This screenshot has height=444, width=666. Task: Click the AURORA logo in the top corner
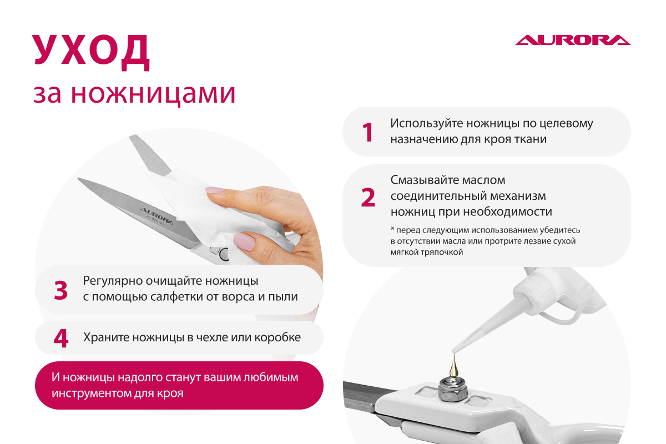tap(573, 40)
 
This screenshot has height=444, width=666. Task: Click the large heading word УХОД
tap(91, 52)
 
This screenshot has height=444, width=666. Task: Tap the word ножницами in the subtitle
tap(153, 94)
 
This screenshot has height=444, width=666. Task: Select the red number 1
tap(368, 132)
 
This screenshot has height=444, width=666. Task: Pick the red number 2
tap(368, 197)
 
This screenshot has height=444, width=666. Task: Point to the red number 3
tap(60, 290)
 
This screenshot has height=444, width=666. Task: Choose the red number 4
tap(61, 338)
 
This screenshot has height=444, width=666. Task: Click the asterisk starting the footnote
tap(392, 229)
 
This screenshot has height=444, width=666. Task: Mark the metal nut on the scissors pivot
tap(453, 390)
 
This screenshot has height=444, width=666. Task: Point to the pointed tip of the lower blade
tap(78, 179)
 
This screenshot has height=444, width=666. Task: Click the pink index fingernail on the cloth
tap(215, 190)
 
